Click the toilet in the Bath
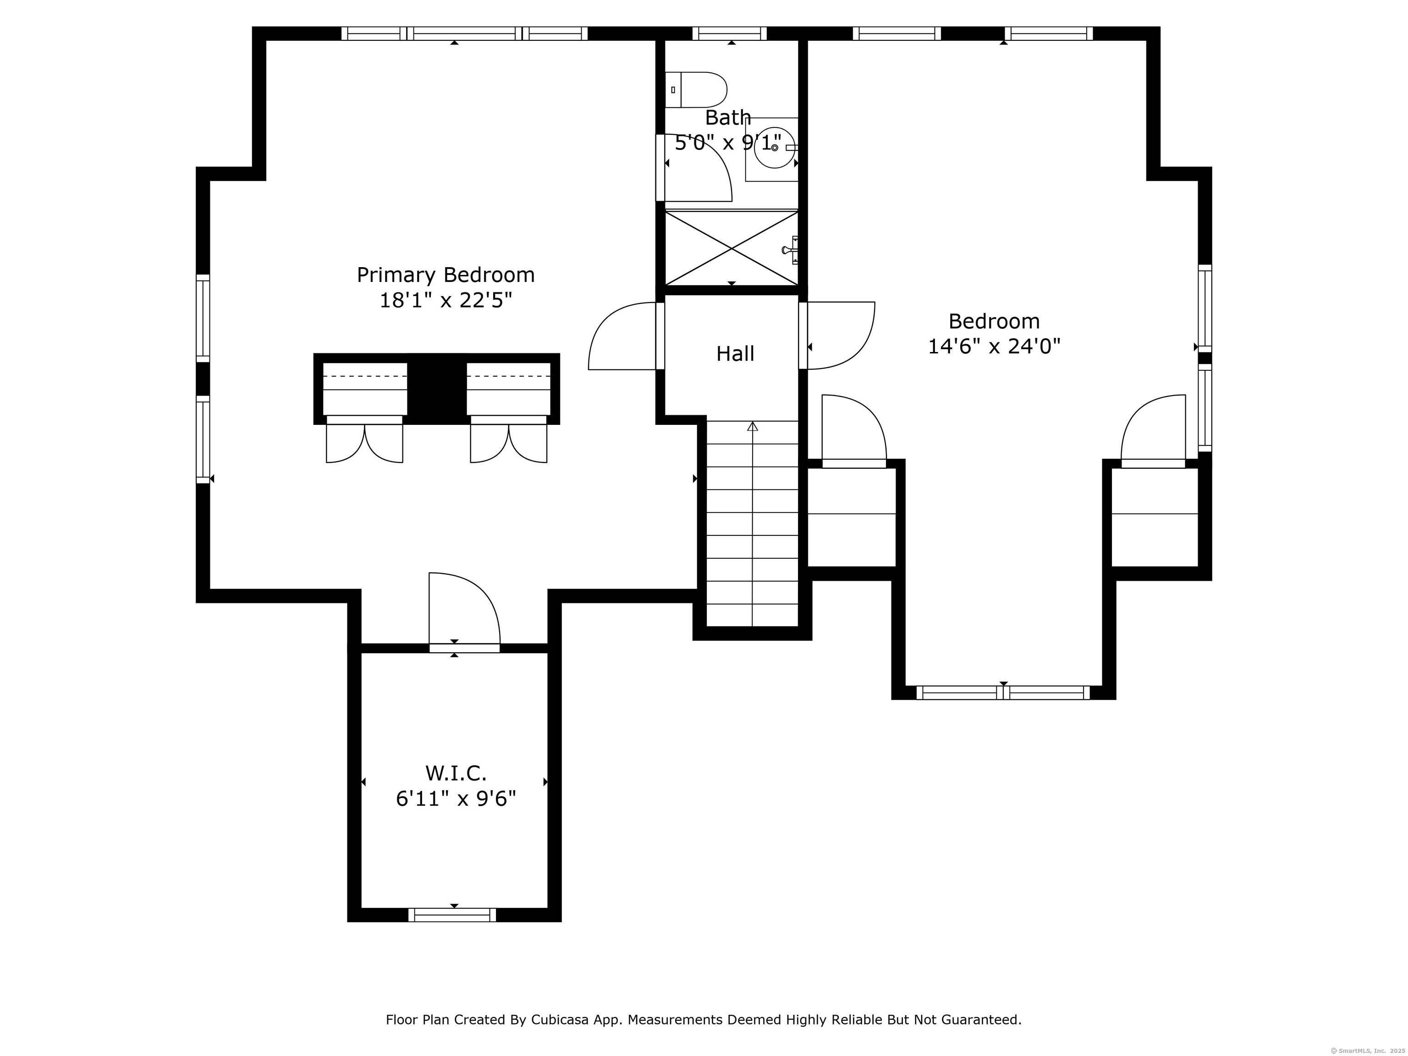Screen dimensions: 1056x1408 [698, 90]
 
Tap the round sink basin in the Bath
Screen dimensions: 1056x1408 [774, 148]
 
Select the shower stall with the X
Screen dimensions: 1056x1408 [731, 248]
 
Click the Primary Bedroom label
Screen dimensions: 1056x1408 [445, 275]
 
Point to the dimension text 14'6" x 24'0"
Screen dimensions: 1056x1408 [994, 347]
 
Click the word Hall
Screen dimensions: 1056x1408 [735, 354]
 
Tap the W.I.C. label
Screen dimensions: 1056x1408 [456, 773]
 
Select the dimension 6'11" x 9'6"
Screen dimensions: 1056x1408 [456, 799]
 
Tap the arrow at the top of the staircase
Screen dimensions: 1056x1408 [753, 426]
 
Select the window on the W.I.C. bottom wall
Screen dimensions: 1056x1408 [452, 915]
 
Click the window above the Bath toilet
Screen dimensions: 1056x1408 [730, 33]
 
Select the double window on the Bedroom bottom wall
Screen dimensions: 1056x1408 [1003, 693]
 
